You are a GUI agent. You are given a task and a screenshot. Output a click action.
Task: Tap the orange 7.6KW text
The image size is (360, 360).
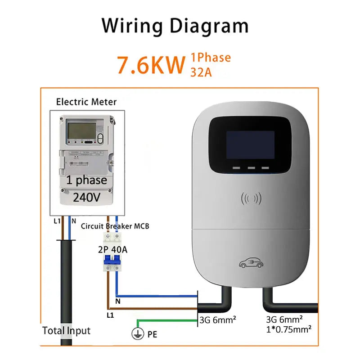click(151, 65)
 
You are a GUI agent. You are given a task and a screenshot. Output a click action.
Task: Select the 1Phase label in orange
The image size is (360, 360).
click(211, 58)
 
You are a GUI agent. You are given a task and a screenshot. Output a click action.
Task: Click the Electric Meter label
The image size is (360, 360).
click(86, 102)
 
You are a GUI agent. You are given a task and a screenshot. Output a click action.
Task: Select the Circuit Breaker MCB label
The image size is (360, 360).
click(115, 226)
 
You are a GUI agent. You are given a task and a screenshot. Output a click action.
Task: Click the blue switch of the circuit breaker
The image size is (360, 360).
click(112, 261)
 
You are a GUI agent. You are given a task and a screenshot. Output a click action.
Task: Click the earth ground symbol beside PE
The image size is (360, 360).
click(135, 334)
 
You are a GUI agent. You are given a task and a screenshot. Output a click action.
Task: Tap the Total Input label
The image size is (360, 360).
click(66, 331)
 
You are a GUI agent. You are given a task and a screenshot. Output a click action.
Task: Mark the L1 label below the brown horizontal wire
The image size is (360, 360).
click(110, 315)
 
